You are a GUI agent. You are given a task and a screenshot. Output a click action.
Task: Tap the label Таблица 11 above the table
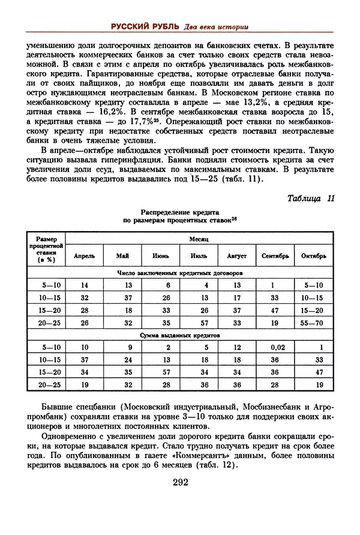point(310,199)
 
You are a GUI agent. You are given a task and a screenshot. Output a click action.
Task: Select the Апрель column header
point(84,256)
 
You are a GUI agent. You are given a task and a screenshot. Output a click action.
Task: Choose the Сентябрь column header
point(276,256)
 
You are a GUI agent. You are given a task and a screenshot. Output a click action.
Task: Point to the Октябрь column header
point(314,256)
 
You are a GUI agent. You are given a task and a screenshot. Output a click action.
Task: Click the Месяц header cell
point(198,238)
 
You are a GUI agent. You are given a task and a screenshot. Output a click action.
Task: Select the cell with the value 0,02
point(276,347)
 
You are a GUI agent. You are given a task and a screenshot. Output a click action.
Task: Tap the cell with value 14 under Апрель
point(84,285)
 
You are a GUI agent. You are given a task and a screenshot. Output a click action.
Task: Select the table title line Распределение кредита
point(180,212)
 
